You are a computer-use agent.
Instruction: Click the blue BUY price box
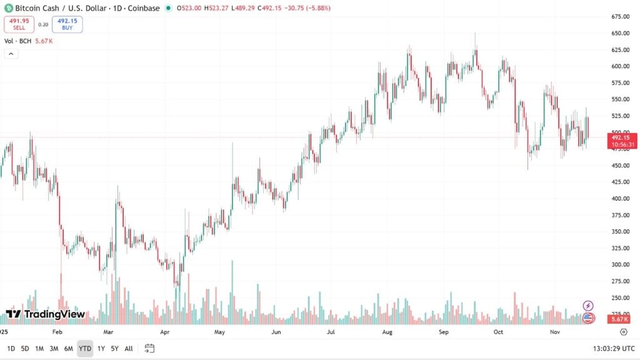67,24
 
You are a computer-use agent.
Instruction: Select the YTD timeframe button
85,348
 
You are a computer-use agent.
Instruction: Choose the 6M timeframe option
68,348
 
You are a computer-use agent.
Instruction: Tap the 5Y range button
114,348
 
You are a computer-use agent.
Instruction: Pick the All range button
128,348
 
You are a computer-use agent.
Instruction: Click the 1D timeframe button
11,348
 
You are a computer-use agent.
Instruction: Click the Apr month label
165,332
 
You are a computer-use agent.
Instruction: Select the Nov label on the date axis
554,332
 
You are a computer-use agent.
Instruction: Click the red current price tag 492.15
623,137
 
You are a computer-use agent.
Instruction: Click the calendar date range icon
149,348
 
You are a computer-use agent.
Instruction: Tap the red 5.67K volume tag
620,319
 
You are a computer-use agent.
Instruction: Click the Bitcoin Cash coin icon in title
9,8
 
